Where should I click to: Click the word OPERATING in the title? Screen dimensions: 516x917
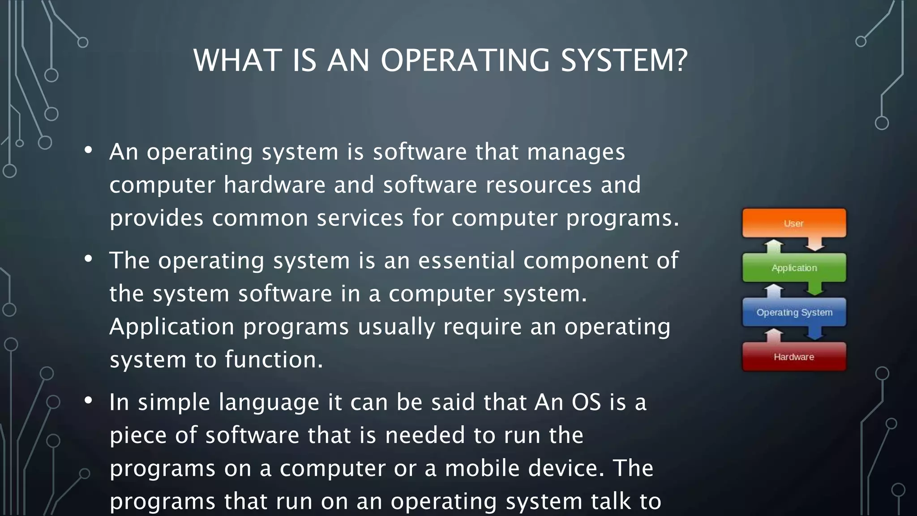pos(464,60)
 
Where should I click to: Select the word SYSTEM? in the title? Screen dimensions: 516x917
pos(624,60)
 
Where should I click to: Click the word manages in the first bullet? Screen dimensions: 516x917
pos(576,152)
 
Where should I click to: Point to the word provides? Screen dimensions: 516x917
pos(156,219)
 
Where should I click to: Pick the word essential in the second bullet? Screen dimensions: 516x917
pos(466,261)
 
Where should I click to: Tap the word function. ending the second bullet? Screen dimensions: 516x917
pos(274,360)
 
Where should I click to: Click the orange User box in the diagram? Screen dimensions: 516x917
pos(794,223)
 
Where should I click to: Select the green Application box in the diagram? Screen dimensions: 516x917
pos(794,268)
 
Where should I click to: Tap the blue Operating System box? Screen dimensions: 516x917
pos(794,312)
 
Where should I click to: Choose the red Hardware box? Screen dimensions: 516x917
pos(794,357)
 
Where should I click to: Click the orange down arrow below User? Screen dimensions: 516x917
pos(815,245)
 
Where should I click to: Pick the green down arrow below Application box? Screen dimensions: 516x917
pos(815,289)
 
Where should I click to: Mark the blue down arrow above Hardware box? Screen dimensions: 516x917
pos(815,334)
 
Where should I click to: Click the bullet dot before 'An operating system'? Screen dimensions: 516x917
pos(88,150)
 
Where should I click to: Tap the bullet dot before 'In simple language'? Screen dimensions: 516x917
pos(88,400)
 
